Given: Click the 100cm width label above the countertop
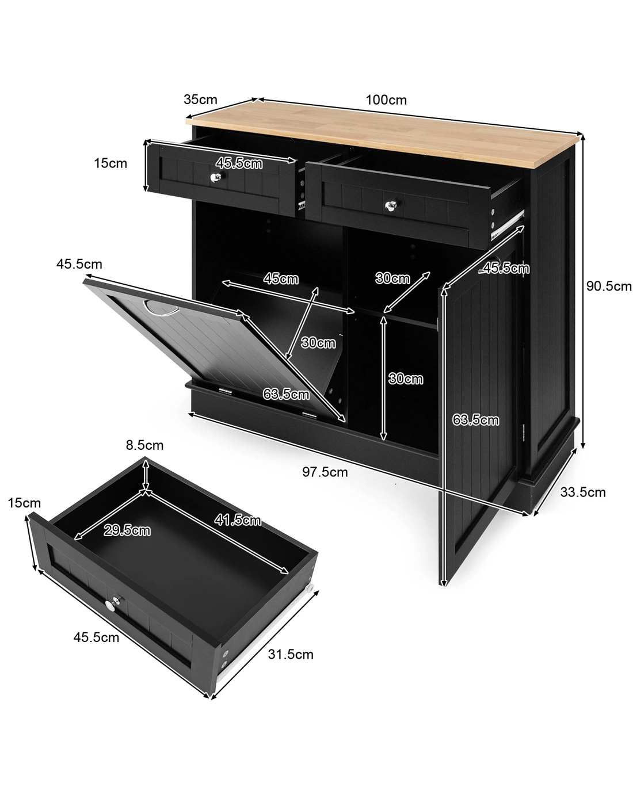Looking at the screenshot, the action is point(386,100).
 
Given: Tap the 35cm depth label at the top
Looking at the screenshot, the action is point(200,100).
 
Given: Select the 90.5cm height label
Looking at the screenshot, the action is point(609,286).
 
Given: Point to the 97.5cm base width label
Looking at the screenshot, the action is point(325,472).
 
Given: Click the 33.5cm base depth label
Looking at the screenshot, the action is point(582,492).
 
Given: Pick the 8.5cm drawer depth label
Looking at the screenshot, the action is point(144,445).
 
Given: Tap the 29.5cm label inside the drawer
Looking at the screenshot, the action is point(127,530).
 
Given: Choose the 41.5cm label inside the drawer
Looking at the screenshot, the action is point(238,520).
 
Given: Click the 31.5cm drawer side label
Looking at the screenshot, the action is point(291,655).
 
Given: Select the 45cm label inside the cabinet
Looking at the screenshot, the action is point(281,279).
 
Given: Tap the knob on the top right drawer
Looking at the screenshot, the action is point(391,205).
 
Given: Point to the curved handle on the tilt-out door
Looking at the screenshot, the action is point(161,310).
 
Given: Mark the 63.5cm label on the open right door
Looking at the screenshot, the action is point(475,420).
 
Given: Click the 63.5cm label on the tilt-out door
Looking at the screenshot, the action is point(286,395).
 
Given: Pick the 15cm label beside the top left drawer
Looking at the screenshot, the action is point(110,163).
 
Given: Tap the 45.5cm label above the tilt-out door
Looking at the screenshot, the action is point(79,264).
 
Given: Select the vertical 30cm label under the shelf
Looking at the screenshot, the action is point(406,379).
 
